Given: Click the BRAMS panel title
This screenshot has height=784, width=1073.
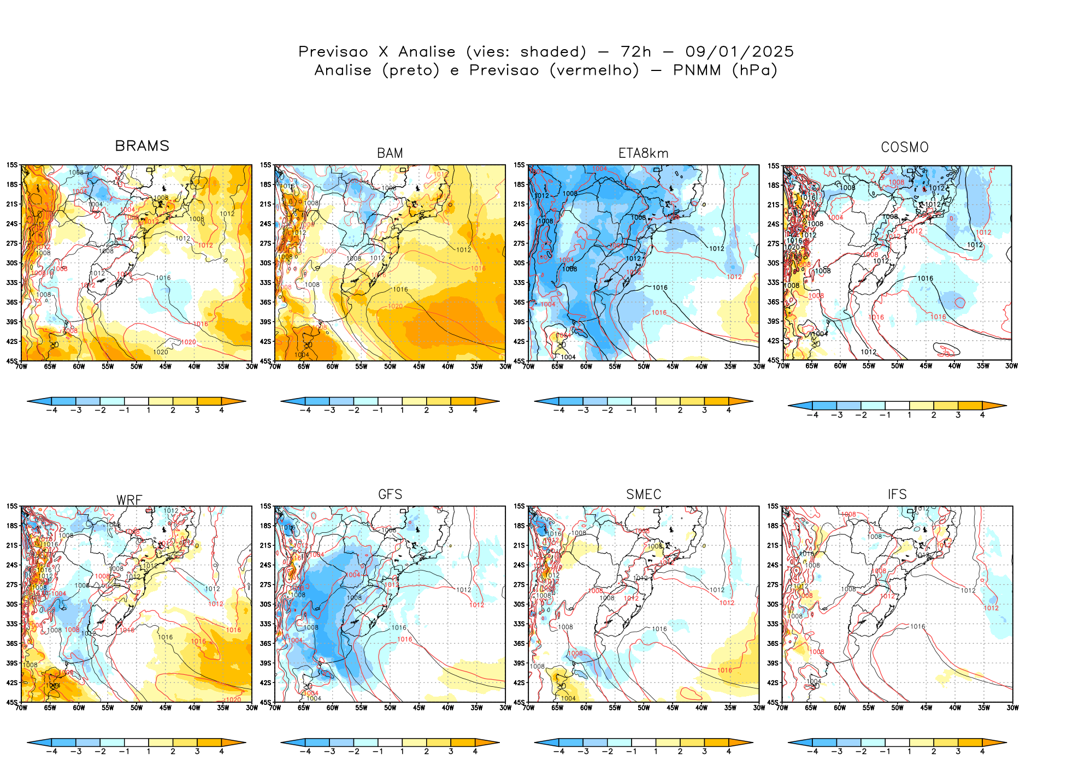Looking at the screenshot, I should click(x=142, y=146).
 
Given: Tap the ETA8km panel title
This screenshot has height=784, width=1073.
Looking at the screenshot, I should click(x=643, y=153).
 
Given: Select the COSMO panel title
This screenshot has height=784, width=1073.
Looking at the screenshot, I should click(x=904, y=147).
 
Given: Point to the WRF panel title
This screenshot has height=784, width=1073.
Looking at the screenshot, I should click(x=129, y=500).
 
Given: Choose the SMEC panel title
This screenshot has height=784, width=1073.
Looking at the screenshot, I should click(x=644, y=495).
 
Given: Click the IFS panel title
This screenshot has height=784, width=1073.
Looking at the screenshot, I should click(x=897, y=495).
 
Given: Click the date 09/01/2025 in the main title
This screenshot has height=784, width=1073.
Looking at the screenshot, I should click(x=739, y=52).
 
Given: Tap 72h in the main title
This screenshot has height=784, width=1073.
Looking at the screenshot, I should click(x=636, y=52).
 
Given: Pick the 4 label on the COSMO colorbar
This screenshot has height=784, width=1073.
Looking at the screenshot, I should click(x=982, y=415).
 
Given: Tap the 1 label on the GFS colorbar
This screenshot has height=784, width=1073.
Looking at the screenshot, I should click(x=402, y=752).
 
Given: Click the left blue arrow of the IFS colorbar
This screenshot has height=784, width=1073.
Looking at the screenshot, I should click(x=799, y=742).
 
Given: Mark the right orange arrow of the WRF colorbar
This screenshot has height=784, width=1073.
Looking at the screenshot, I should click(x=234, y=742).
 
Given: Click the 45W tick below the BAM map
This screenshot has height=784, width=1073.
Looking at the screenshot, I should click(x=418, y=367).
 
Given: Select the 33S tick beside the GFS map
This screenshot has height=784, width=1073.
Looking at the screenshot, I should click(x=266, y=624).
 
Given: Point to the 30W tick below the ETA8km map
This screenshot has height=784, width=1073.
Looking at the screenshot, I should click(x=759, y=367).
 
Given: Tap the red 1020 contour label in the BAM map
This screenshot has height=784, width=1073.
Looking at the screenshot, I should click(x=395, y=306).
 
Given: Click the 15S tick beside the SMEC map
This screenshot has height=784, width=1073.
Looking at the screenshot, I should click(x=519, y=507).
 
